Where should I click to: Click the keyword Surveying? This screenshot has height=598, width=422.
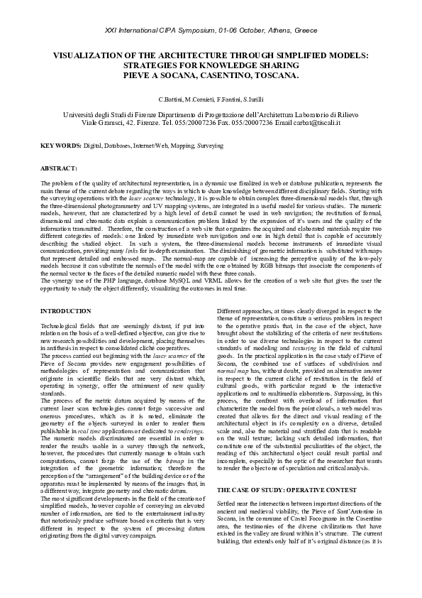pos(210,146)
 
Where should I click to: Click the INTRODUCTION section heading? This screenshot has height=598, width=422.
pos(66,312)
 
